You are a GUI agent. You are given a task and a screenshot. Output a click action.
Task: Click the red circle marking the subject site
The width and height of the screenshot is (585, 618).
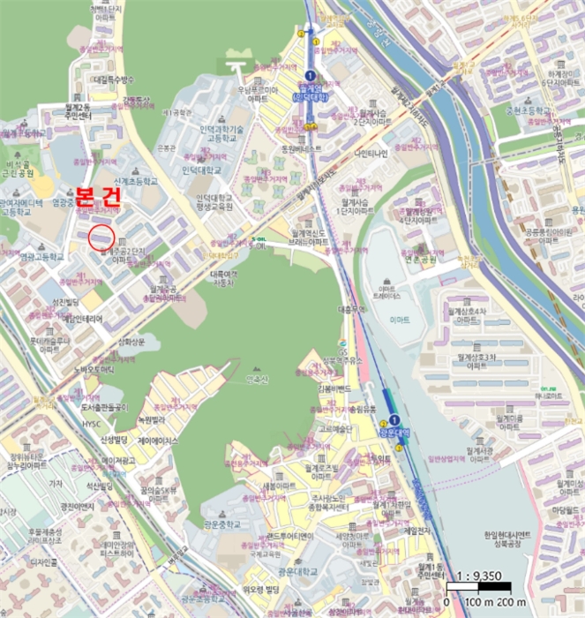(102, 236)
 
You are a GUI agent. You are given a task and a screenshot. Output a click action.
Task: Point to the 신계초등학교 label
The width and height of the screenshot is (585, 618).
(133, 180)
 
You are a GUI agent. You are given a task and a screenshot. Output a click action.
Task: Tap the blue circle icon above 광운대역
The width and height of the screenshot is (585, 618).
(395, 418)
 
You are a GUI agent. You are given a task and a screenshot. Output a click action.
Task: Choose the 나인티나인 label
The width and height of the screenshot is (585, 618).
(371, 153)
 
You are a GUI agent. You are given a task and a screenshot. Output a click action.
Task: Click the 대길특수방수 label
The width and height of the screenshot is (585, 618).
(112, 79)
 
